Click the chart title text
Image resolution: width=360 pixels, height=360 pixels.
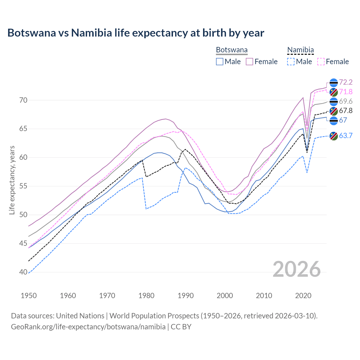pyautogui.click(x=136, y=33)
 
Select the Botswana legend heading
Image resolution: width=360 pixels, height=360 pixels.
pyautogui.click(x=232, y=50)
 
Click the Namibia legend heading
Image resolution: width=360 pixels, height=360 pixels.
pyautogui.click(x=300, y=50)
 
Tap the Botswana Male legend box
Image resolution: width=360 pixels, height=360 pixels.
pyautogui.click(x=220, y=62)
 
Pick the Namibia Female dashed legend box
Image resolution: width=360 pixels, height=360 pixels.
pyautogui.click(x=321, y=62)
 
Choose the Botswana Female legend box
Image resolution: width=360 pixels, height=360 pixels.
pyautogui.click(x=249, y=62)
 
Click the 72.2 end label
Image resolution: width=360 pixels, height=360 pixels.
pyautogui.click(x=346, y=82)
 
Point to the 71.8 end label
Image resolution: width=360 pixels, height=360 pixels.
pyautogui.click(x=346, y=92)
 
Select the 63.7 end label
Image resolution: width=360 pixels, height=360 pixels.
pyautogui.click(x=346, y=136)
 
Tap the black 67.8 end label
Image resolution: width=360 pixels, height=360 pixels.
pyautogui.click(x=346, y=111)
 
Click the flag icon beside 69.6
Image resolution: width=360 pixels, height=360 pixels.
pyautogui.click(x=334, y=102)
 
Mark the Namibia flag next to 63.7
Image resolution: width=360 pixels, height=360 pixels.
pyautogui.click(x=334, y=136)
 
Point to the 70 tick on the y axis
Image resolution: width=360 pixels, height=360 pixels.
pyautogui.click(x=24, y=100)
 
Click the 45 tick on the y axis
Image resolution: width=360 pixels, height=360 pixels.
pyautogui.click(x=24, y=243)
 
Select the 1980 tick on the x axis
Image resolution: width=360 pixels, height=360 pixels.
pyautogui.click(x=147, y=296)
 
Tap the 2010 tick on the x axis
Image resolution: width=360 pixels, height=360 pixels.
pyautogui.click(x=264, y=296)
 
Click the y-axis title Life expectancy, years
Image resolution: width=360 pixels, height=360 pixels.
pyautogui.click(x=12, y=180)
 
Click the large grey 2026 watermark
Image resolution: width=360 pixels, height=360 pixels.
pyautogui.click(x=296, y=269)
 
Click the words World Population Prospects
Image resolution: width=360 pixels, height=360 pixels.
pyautogui.click(x=154, y=316)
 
